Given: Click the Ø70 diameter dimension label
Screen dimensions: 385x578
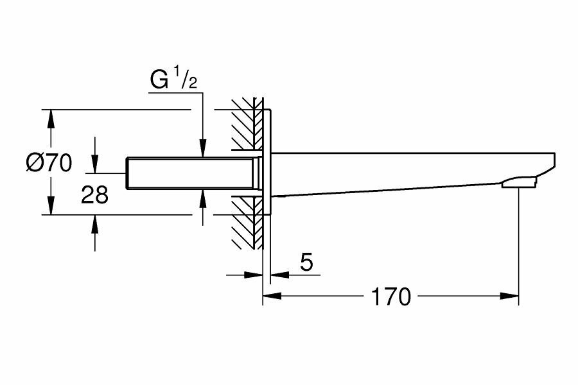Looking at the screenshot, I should tap(49, 163).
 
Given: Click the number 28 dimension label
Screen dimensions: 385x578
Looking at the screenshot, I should tap(94, 195).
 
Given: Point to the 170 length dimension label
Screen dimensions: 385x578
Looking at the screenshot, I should tap(390, 296).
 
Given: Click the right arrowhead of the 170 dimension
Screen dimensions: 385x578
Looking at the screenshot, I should tap(511, 296).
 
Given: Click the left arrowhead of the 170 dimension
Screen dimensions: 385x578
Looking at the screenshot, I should tap(270, 296).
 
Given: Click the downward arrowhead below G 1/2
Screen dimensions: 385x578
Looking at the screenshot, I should tap(202, 150).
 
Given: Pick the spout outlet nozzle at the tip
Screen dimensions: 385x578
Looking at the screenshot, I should tap(519, 185).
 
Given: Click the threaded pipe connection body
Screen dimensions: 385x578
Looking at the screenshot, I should tap(193, 173).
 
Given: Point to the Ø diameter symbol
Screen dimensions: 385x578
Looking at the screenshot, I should tap(34, 164).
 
